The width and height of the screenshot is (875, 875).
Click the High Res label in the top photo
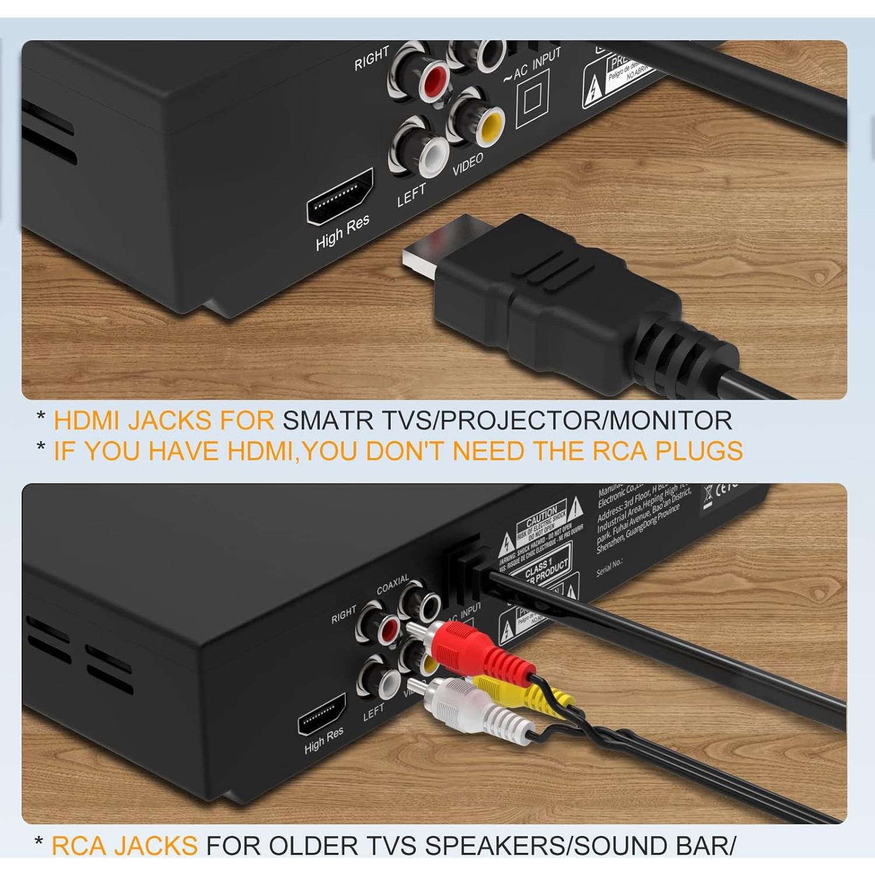[342, 232]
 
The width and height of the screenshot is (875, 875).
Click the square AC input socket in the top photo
[533, 99]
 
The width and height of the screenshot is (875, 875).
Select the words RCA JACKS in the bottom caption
[125, 845]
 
